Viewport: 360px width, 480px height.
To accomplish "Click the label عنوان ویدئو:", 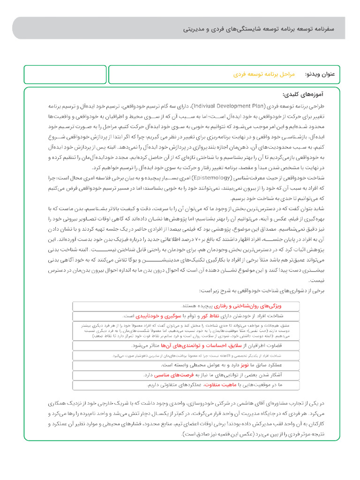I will tap(320, 75).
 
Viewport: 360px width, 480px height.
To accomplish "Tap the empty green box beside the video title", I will tap(65, 75).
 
